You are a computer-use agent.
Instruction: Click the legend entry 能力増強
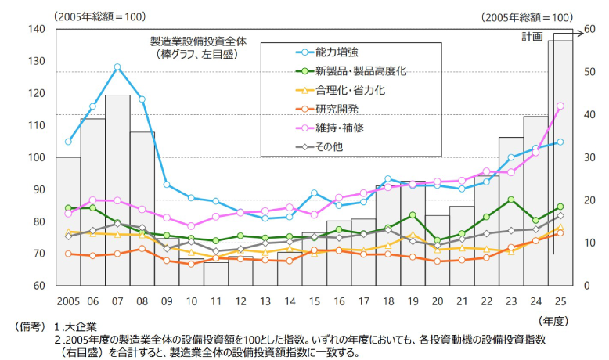(337, 52)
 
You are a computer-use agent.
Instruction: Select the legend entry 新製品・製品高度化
(360, 71)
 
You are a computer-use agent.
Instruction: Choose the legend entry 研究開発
(337, 109)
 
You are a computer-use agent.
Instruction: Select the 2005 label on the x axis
(68, 301)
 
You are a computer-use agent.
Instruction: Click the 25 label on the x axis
(560, 301)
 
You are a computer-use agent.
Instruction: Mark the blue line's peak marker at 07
(117, 67)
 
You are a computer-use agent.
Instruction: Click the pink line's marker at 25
(560, 106)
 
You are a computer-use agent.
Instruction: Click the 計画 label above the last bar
(532, 37)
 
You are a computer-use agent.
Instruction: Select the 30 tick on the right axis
(586, 157)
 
